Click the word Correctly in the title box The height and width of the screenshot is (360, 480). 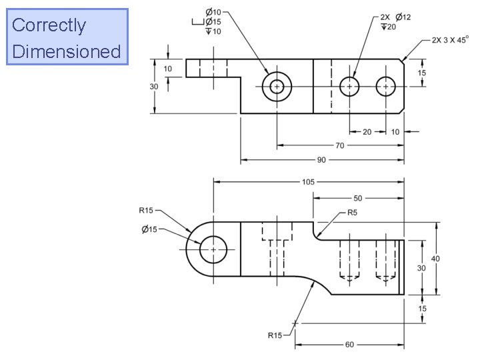49,25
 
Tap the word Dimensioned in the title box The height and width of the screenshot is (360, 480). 66,51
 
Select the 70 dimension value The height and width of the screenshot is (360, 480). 340,145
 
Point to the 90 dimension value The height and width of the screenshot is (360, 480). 323,160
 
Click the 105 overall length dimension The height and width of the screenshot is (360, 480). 308,181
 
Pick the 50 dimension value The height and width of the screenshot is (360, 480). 358,198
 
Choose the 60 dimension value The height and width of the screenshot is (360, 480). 349,345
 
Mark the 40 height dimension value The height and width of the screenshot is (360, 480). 435,258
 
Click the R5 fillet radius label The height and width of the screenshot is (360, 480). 352,213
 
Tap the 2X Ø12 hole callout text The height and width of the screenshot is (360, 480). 395,17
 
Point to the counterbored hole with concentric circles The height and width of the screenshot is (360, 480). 276,87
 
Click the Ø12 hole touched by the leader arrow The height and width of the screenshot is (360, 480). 350,87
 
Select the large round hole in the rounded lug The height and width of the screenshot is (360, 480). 213,249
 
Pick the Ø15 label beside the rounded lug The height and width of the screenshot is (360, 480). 149,230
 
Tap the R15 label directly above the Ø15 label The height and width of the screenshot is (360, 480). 146,211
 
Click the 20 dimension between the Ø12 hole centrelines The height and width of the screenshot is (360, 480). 367,132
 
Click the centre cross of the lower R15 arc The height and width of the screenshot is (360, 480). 295,323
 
